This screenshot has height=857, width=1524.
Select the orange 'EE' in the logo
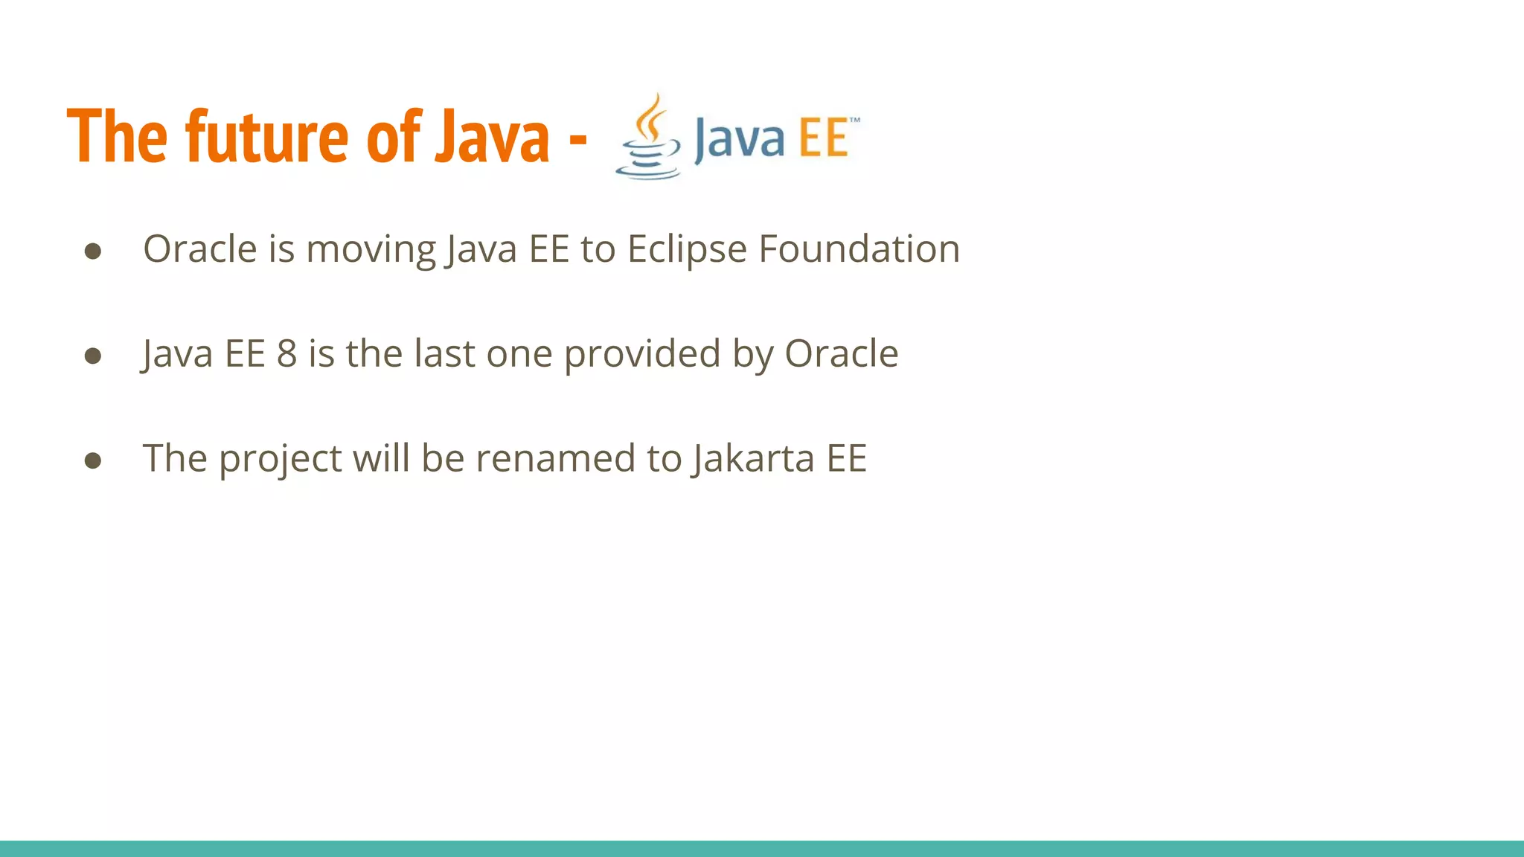pyautogui.click(x=825, y=138)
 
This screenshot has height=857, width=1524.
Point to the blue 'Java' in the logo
pyautogui.click(x=739, y=139)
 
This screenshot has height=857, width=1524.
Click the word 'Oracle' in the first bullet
pyautogui.click(x=199, y=248)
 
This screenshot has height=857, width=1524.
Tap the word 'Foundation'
pyautogui.click(x=859, y=248)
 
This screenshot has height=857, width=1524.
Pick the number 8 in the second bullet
pyautogui.click(x=287, y=353)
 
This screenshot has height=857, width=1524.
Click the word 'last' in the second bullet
pyautogui.click(x=444, y=353)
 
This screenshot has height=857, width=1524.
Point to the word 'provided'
pyautogui.click(x=642, y=355)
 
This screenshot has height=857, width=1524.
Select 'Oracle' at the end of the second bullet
pyautogui.click(x=841, y=353)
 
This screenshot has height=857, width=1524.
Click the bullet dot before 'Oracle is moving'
pyautogui.click(x=93, y=251)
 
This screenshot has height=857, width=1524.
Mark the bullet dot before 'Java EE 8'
pyautogui.click(x=93, y=356)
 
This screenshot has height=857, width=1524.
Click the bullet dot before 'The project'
pyautogui.click(x=93, y=460)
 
